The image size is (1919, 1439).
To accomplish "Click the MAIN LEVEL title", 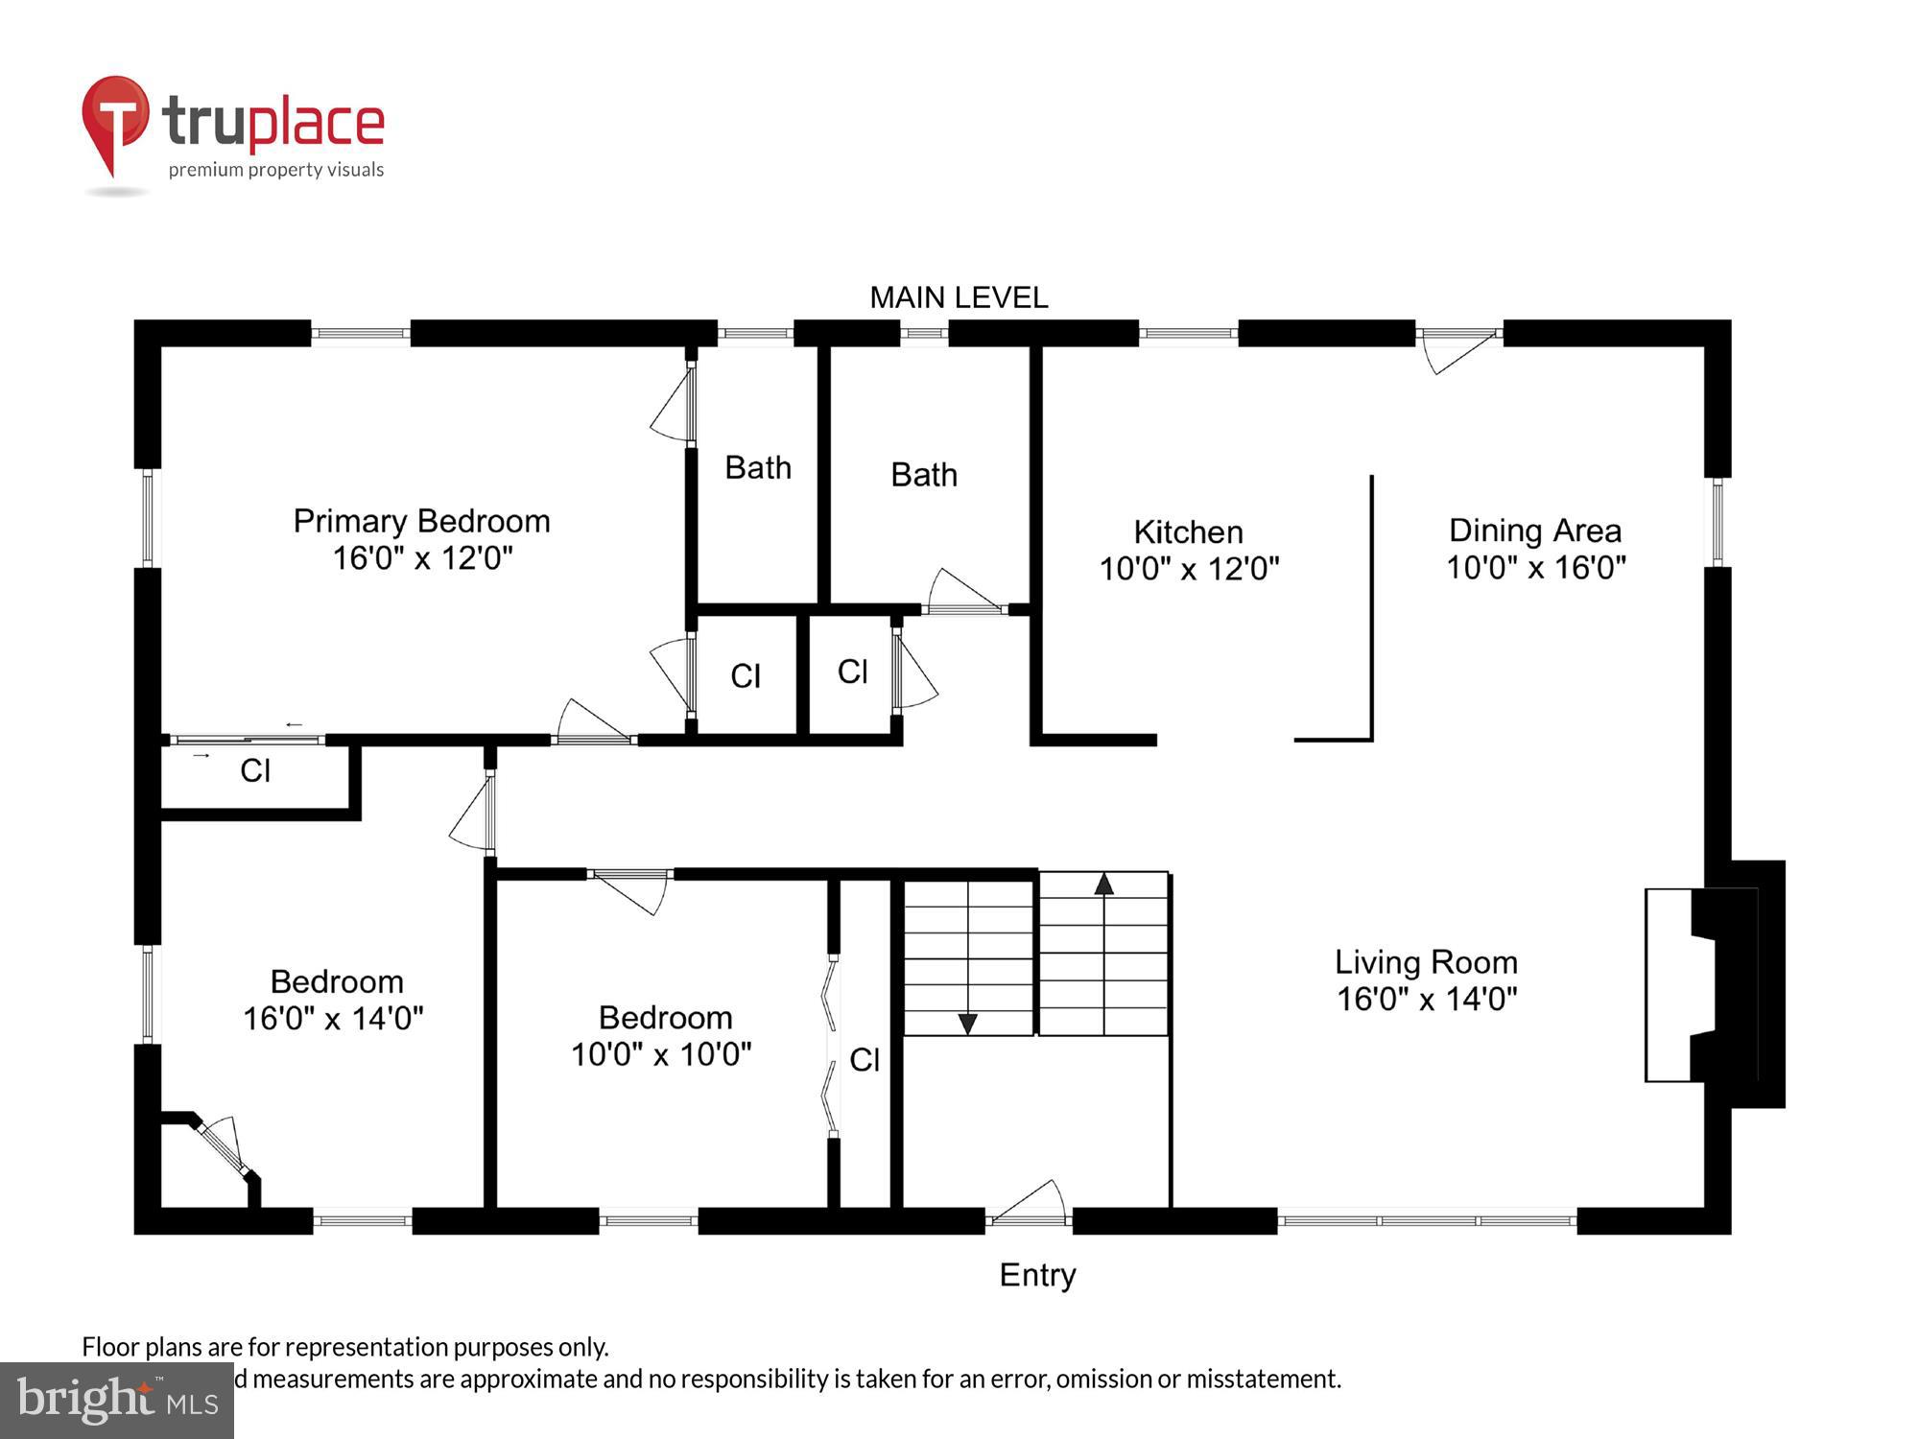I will (958, 297).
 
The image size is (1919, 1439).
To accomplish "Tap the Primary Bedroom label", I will (421, 521).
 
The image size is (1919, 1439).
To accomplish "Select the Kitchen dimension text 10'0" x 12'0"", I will (1189, 569).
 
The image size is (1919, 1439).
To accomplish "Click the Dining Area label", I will (1534, 531).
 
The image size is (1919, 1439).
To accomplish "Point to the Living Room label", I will (1426, 962).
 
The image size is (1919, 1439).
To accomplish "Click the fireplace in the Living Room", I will (1713, 984).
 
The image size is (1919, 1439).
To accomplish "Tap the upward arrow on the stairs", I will (1103, 884).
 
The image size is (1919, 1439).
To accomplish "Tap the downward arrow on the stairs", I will (967, 1024).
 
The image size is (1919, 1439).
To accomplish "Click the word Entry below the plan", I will (1037, 1275).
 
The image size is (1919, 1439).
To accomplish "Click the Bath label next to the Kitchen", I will (923, 475).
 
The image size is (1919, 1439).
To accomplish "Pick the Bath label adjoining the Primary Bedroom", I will (757, 468).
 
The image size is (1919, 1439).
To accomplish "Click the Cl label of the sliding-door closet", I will (254, 771).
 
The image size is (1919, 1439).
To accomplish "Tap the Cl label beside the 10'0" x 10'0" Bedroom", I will (864, 1060).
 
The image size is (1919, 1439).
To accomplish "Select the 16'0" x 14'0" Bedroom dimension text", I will (333, 1018).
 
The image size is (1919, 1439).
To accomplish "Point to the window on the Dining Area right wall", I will (1718, 522).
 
